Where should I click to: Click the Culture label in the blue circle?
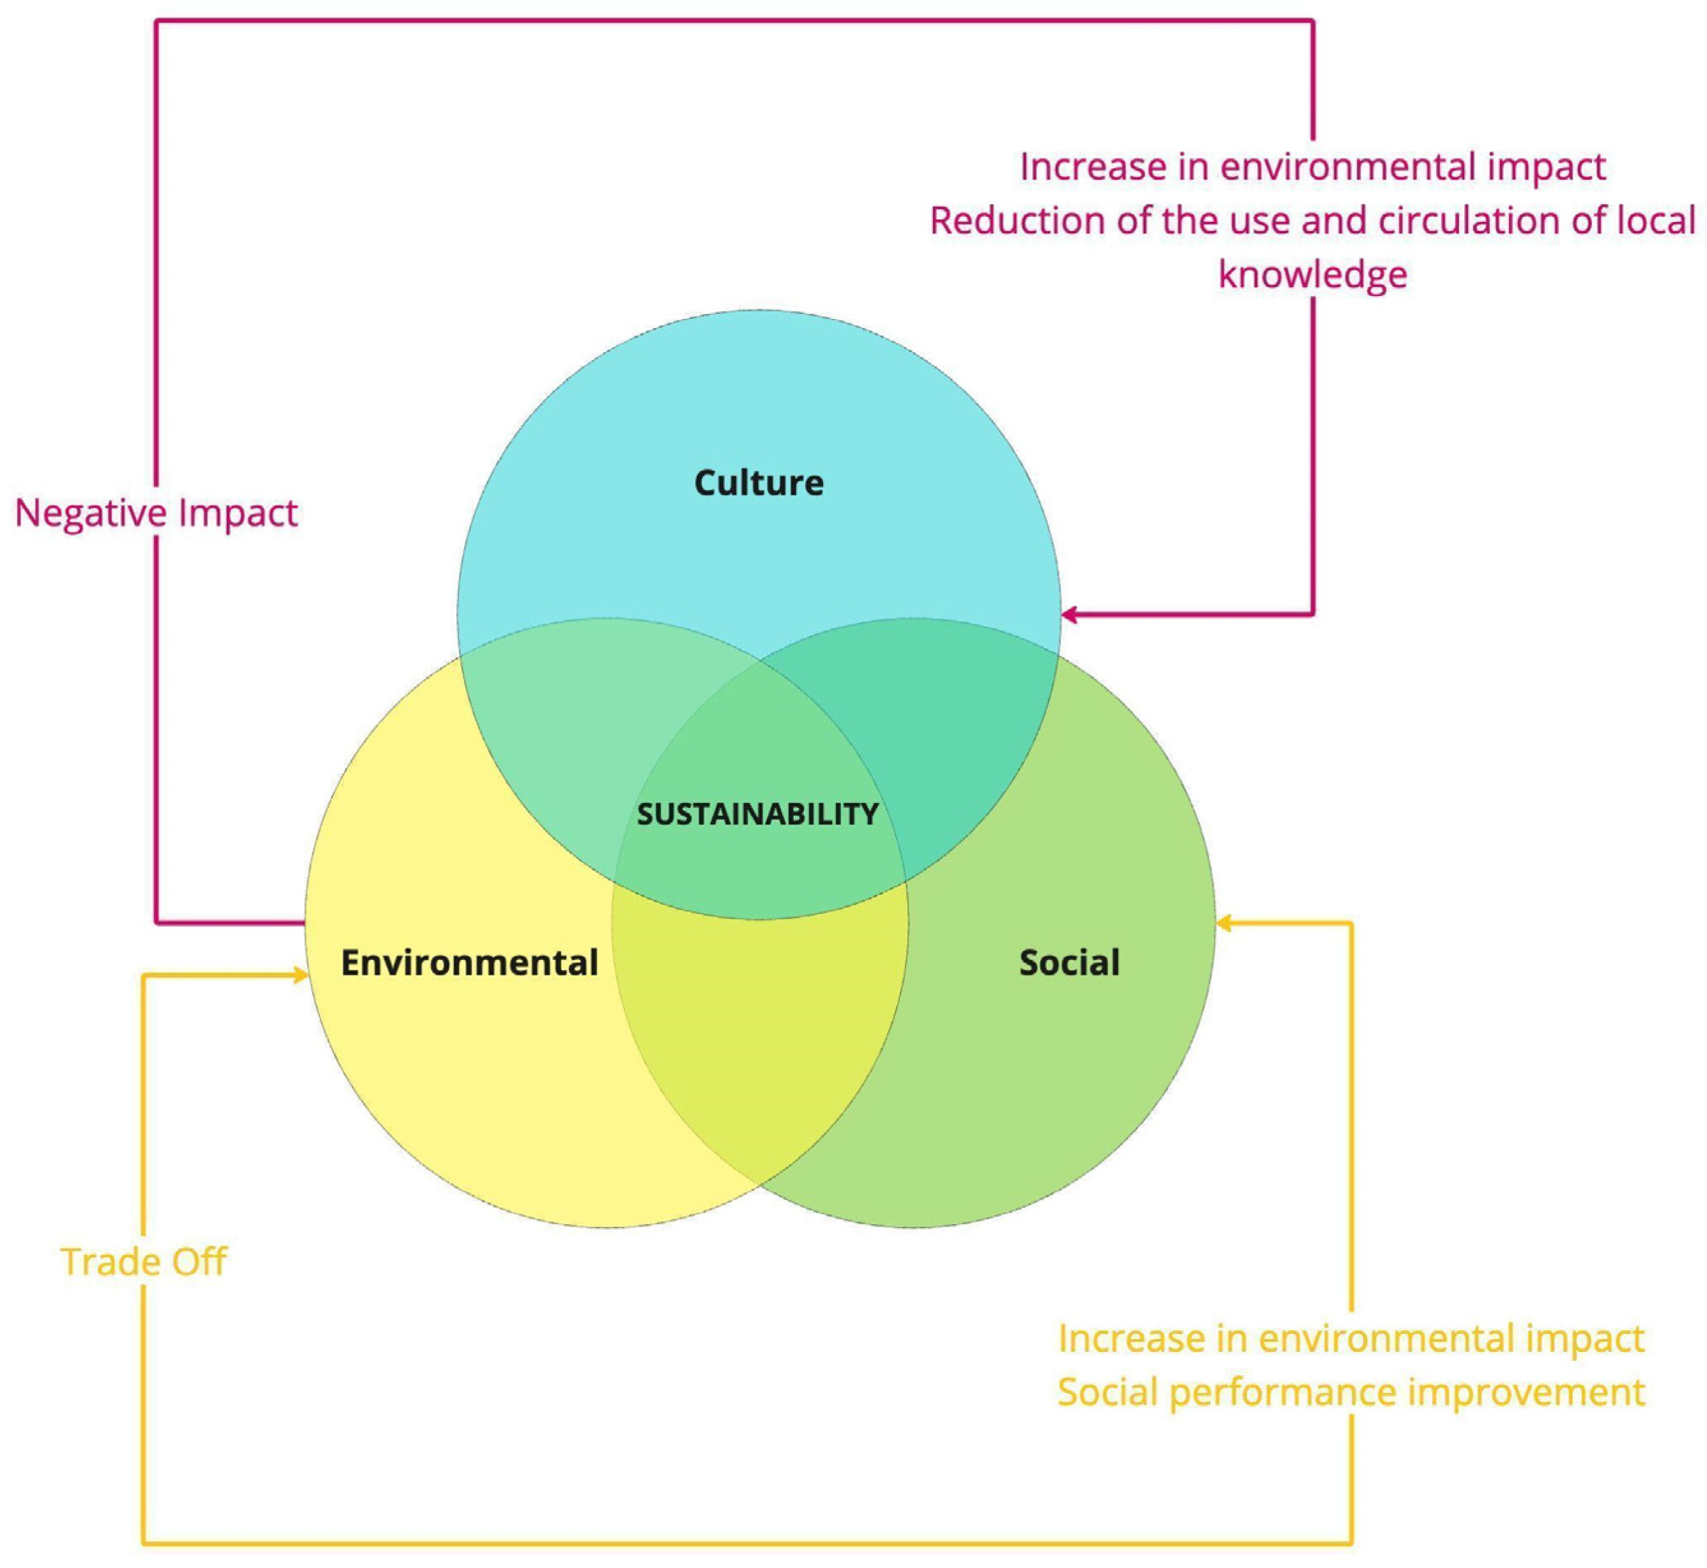pyautogui.click(x=759, y=483)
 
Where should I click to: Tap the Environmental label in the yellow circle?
pyautogui.click(x=469, y=962)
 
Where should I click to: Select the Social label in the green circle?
pyautogui.click(x=1069, y=962)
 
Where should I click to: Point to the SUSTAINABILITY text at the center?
pyautogui.click(x=757, y=814)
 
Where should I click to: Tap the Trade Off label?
pyautogui.click(x=143, y=1262)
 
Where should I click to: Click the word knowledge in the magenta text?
pyautogui.click(x=1313, y=274)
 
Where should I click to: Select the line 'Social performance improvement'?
pyautogui.click(x=1350, y=1392)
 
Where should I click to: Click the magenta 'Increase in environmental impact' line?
pyautogui.click(x=1313, y=166)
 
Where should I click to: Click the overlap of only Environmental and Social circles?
pyautogui.click(x=759, y=1044)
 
